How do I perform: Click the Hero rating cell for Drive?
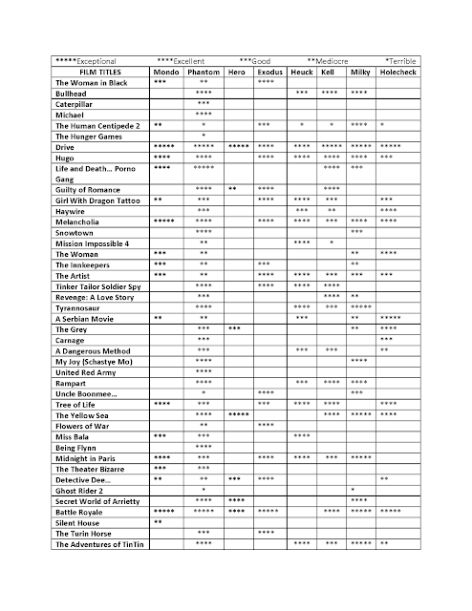(239, 145)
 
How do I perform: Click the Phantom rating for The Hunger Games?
(204, 135)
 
